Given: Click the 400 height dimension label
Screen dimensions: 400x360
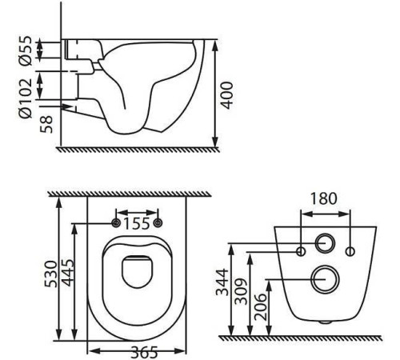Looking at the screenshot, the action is pos(227,95).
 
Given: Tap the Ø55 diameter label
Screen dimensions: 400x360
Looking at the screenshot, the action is pos(26,50).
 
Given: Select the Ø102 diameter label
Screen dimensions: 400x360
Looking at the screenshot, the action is pos(26,98).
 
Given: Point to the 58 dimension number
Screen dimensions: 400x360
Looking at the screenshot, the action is pos(46,124).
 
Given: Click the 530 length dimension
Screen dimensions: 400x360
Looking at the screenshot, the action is pos(51,274).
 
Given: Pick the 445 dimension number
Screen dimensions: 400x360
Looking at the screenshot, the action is pos(66,273).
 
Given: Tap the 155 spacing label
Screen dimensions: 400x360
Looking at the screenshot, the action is pos(137,223).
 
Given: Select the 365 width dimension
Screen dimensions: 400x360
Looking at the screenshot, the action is pos(144,353).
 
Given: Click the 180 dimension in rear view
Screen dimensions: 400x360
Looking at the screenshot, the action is pos(324,198).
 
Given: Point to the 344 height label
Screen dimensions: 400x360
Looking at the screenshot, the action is pos(222,282).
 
